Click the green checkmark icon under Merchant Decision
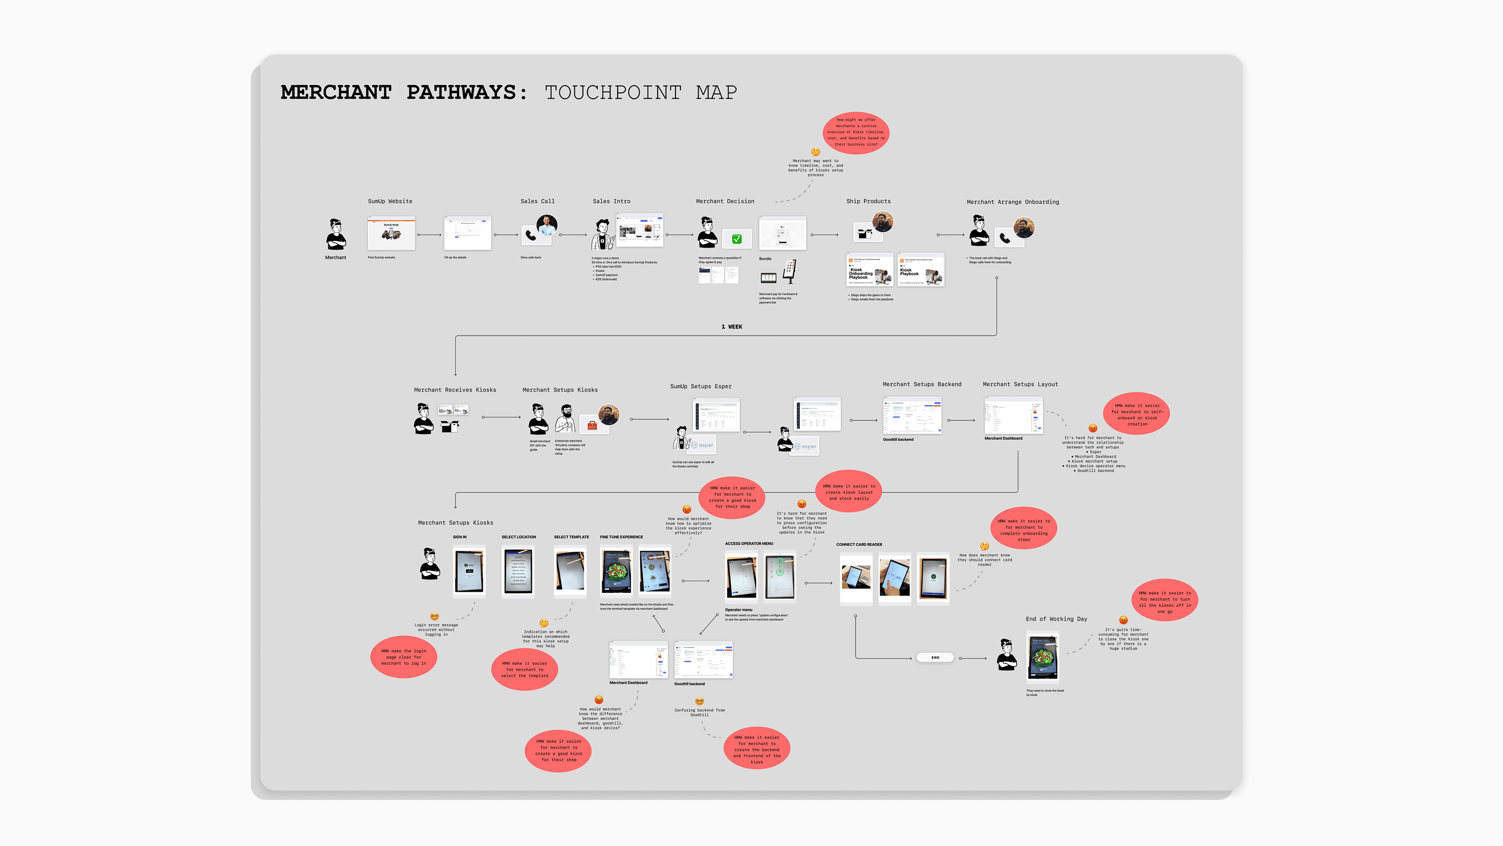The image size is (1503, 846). click(x=737, y=239)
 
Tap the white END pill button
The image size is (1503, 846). click(x=935, y=658)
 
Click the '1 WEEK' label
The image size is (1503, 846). click(x=732, y=326)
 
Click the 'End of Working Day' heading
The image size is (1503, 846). click(x=1056, y=619)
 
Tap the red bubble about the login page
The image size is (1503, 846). click(x=404, y=657)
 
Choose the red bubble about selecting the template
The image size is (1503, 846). click(x=525, y=669)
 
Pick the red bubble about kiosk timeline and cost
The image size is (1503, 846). click(x=856, y=133)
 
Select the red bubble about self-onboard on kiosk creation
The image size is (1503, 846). click(x=1137, y=414)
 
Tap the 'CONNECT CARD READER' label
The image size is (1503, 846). click(x=859, y=545)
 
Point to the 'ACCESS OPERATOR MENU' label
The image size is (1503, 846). click(x=749, y=544)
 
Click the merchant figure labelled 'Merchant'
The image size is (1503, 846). click(x=335, y=235)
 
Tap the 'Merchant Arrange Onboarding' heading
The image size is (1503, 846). click(x=1012, y=202)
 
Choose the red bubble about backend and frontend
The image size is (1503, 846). click(x=757, y=749)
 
